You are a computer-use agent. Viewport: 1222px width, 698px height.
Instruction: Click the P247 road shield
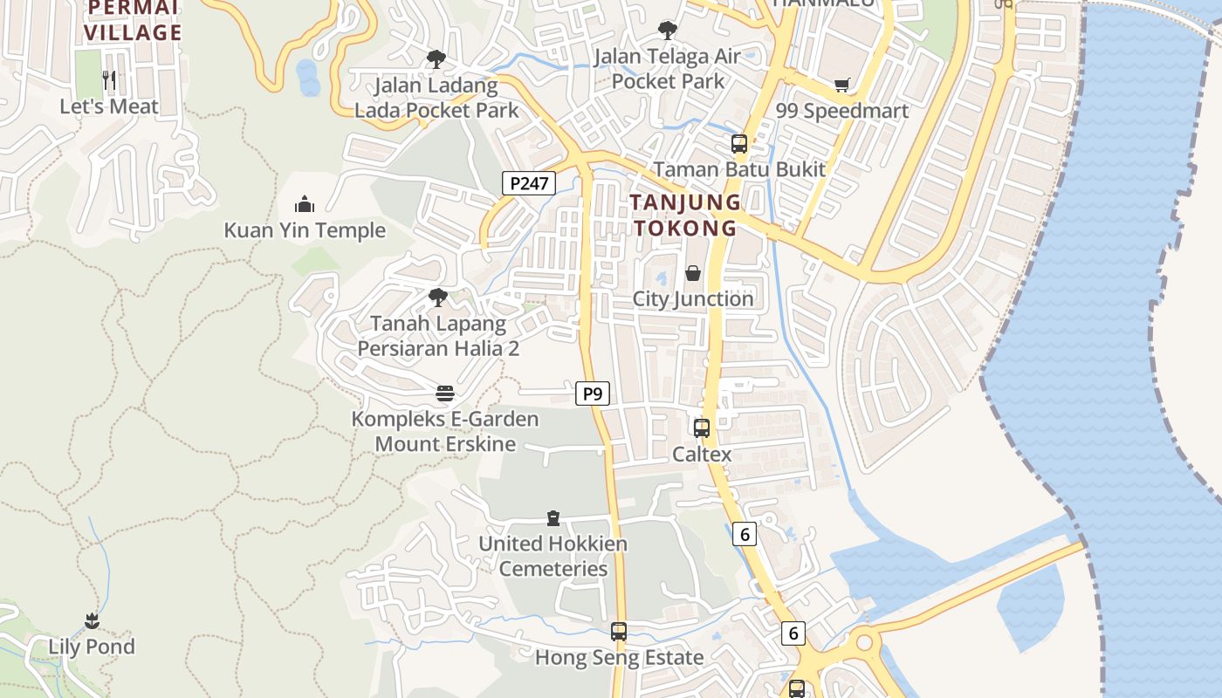529,183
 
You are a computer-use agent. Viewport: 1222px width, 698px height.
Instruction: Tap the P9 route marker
593,393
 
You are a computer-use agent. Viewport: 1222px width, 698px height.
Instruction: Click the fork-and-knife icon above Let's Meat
109,80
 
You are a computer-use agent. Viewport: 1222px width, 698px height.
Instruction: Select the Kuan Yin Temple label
305,230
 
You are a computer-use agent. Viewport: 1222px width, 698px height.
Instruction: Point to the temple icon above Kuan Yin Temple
305,204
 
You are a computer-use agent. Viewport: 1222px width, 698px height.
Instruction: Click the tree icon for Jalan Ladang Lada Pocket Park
436,59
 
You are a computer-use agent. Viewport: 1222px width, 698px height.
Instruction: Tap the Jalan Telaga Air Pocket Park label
667,69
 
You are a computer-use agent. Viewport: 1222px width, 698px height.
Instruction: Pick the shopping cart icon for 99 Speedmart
841,85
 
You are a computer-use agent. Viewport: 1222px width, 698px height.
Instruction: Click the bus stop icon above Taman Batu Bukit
738,143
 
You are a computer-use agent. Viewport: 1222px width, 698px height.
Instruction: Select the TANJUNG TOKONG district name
685,215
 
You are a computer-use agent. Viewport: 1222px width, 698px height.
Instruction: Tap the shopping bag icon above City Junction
692,273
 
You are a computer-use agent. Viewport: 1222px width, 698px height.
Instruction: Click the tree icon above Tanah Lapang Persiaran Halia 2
437,298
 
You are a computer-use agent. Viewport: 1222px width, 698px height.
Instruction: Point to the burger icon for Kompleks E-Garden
444,393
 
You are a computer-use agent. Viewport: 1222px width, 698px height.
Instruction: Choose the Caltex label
701,455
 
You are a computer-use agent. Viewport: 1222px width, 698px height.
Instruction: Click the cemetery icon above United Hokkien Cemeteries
553,518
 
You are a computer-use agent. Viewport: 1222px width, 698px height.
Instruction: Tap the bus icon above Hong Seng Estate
619,632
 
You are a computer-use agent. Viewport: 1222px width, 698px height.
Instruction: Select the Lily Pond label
92,647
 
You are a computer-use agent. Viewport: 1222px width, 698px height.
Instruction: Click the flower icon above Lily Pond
92,621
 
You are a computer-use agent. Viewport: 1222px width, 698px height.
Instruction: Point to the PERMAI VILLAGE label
135,21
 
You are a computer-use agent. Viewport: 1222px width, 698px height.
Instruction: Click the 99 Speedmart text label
841,111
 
